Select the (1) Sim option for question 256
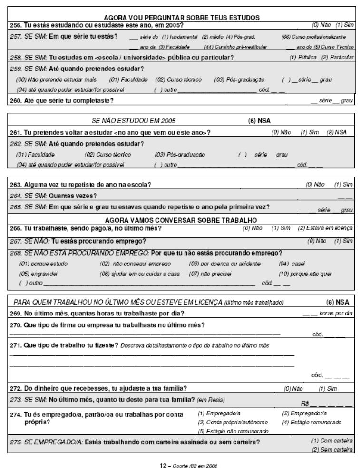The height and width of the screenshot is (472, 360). (x=345, y=24)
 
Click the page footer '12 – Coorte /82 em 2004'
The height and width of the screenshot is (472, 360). (x=180, y=467)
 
